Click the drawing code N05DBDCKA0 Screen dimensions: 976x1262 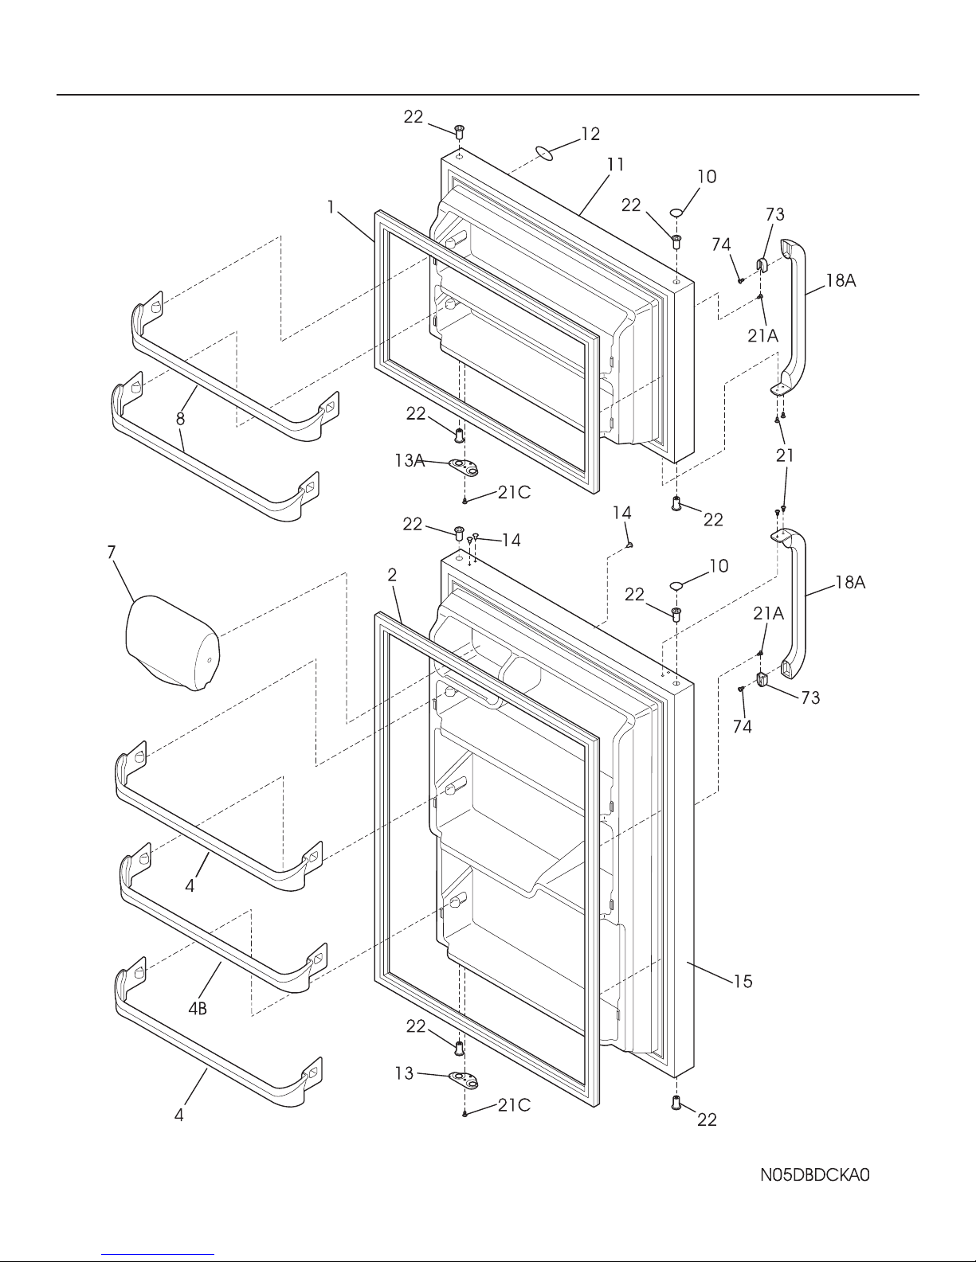pyautogui.click(x=814, y=1175)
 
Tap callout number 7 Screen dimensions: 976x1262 pyautogui.click(x=112, y=553)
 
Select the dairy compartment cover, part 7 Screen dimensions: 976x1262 pyautogui.click(x=173, y=643)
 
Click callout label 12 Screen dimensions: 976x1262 pyautogui.click(x=590, y=134)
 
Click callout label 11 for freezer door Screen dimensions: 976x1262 pyautogui.click(x=615, y=165)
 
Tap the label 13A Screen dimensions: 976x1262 pyautogui.click(x=409, y=460)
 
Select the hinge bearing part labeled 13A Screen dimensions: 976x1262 pyautogui.click(x=463, y=465)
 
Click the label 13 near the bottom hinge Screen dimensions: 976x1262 pyautogui.click(x=404, y=1073)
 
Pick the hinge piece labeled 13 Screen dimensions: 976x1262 pyautogui.click(x=464, y=1080)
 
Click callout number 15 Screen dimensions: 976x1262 pyautogui.click(x=743, y=982)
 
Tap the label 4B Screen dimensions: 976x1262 pyautogui.click(x=198, y=1009)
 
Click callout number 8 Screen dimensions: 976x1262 pyautogui.click(x=181, y=419)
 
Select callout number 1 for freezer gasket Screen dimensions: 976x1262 pyautogui.click(x=331, y=207)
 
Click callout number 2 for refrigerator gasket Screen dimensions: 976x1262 pyautogui.click(x=392, y=575)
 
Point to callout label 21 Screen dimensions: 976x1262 pyautogui.click(x=785, y=455)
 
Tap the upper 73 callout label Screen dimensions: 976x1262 pyautogui.click(x=775, y=214)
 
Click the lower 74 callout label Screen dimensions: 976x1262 pyautogui.click(x=743, y=726)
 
